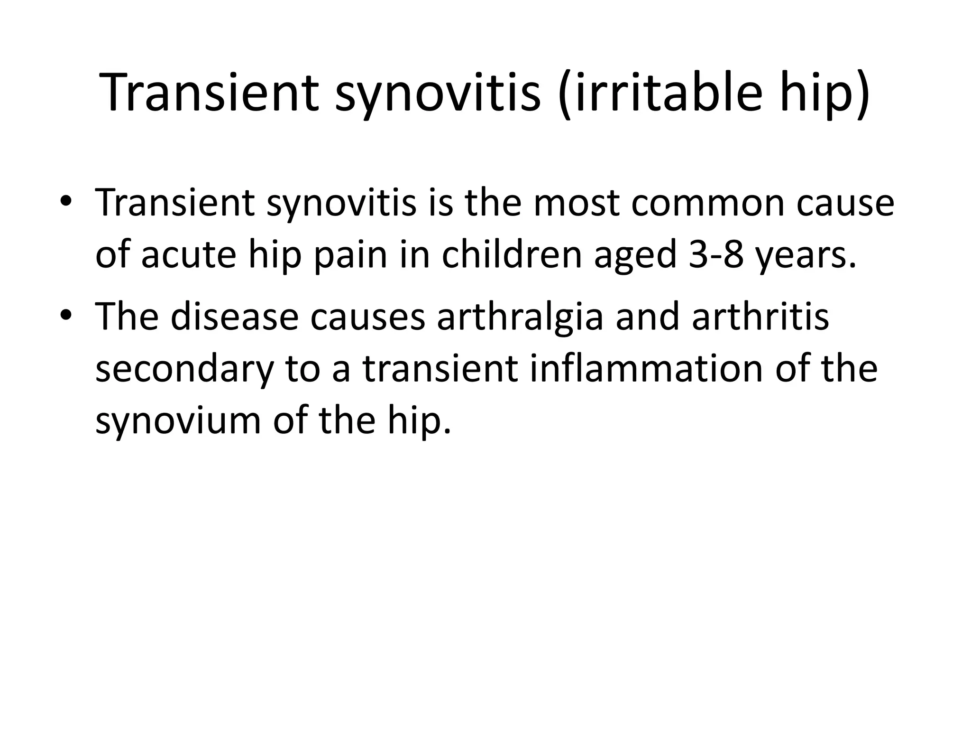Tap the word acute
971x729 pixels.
point(188,255)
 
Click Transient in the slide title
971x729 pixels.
point(209,93)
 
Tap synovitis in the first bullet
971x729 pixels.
point(341,203)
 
